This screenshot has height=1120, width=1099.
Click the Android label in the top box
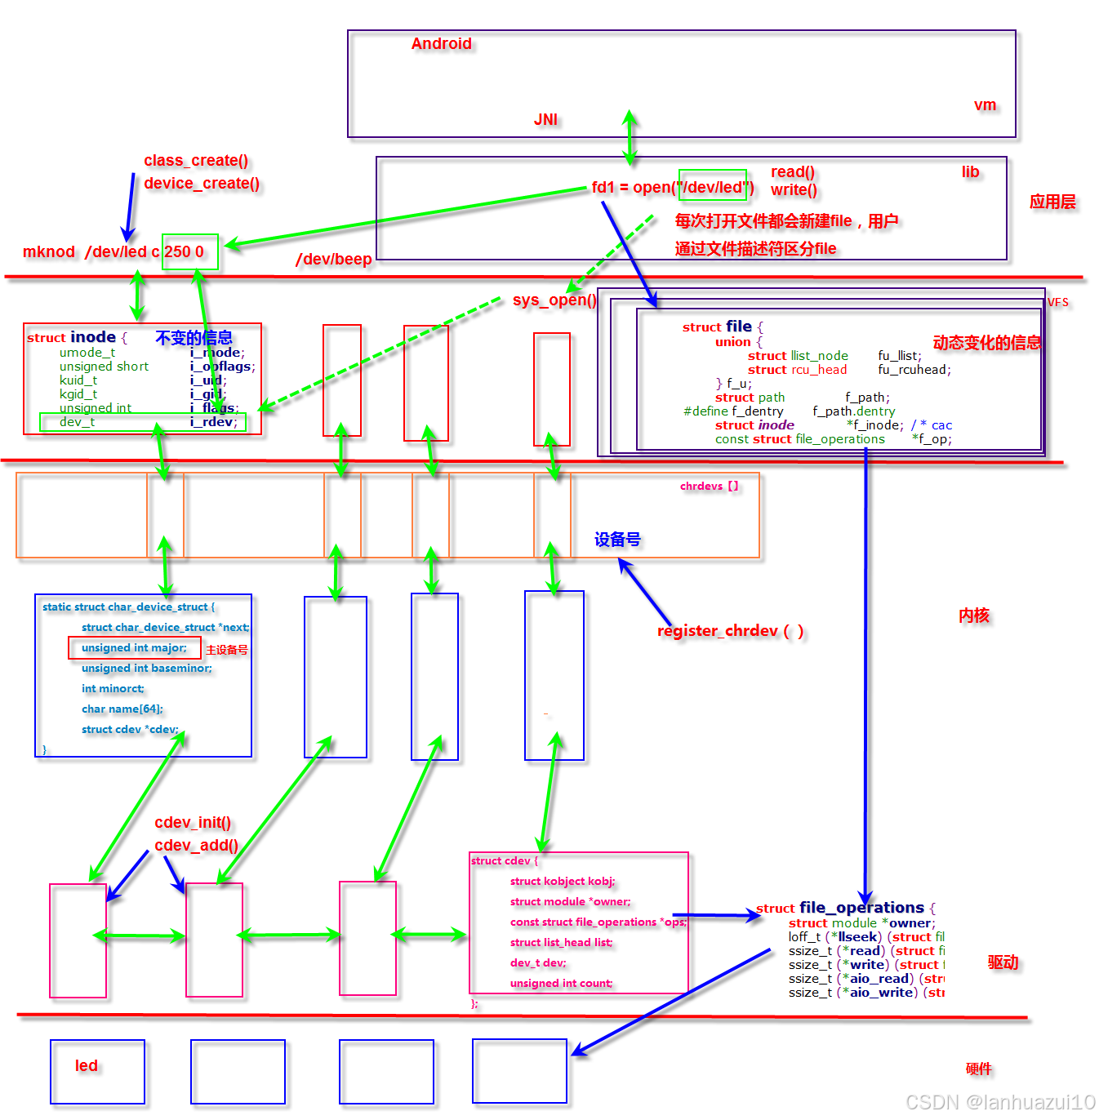441,44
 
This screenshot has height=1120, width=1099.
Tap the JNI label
545,120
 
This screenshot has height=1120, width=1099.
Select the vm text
985,105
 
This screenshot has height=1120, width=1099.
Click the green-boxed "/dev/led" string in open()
713,187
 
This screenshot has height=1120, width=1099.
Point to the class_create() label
196,161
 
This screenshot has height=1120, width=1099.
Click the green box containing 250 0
189,251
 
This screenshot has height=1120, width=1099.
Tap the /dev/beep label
333,260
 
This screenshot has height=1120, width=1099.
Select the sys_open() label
554,300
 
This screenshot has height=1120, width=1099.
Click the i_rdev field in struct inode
214,422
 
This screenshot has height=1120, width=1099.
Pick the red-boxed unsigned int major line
134,648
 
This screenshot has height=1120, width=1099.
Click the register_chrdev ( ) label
730,631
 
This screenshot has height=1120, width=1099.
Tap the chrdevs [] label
709,487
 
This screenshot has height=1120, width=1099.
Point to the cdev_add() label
196,846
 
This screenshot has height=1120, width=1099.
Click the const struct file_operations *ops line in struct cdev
598,922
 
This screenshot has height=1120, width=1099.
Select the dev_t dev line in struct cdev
537,963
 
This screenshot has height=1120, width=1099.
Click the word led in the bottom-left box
87,1066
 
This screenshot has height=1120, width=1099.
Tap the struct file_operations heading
840,908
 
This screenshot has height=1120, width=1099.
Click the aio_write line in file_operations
865,993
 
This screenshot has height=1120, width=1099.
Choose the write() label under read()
794,190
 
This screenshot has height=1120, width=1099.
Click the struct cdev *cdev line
130,730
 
